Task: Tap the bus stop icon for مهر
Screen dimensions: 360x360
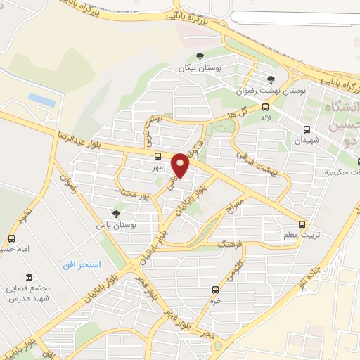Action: [157, 156]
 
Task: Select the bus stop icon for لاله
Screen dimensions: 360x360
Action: [265, 107]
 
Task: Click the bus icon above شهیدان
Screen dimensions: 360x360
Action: [307, 129]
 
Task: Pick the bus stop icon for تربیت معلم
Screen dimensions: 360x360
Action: [302, 224]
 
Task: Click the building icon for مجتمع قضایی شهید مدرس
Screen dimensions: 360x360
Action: [29, 277]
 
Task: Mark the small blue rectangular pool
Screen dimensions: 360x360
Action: [41, 101]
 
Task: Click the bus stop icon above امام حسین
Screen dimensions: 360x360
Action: [11, 239]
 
